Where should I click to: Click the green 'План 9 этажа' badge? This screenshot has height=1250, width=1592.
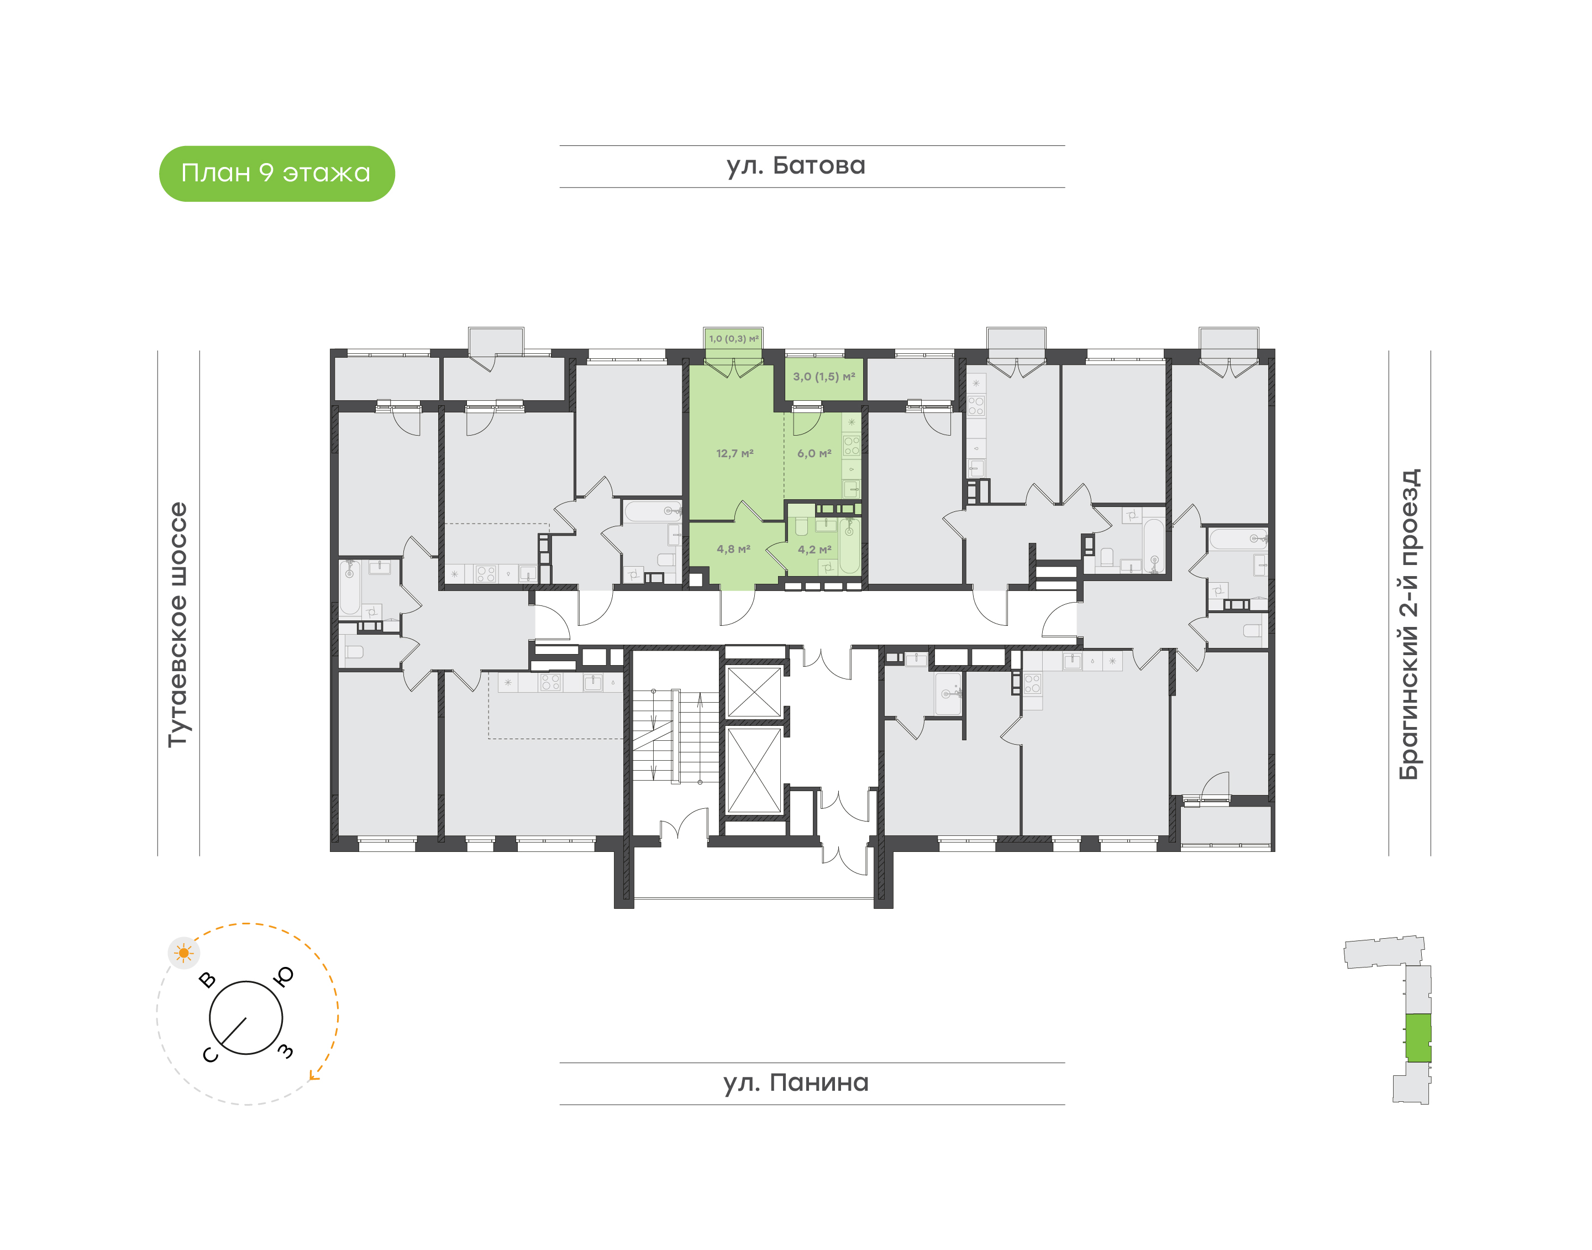tap(276, 174)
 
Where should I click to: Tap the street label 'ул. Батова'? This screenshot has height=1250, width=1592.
tap(796, 166)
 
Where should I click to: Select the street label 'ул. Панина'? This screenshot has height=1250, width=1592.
tap(796, 1082)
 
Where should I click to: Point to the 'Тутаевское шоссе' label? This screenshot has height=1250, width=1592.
tap(178, 624)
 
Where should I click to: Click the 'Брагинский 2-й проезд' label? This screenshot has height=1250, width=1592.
tap(1409, 624)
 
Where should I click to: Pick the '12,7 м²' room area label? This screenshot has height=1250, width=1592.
tap(734, 454)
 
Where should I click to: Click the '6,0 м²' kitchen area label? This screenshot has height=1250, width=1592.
tap(815, 454)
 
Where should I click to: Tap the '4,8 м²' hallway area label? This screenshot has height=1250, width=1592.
tap(733, 549)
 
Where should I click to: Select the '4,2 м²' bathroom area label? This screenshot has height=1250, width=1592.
tap(815, 550)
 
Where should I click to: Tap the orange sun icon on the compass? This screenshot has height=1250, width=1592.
tap(183, 953)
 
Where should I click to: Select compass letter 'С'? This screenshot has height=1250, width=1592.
tap(210, 1055)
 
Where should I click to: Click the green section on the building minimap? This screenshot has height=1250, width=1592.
tap(1418, 1038)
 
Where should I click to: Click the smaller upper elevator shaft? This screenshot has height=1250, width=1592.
tap(754, 692)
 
